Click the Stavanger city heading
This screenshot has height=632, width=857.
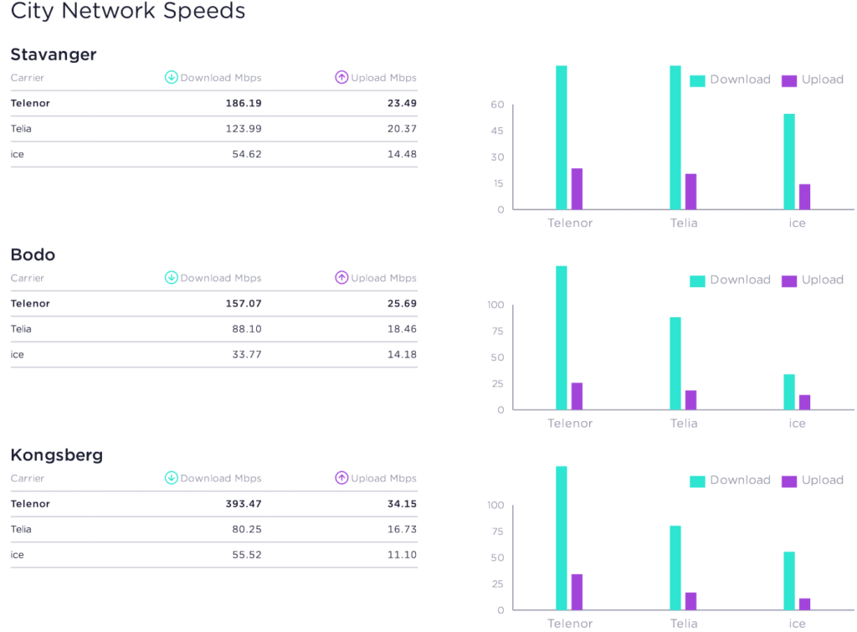[54, 54]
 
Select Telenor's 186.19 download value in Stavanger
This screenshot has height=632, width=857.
[244, 103]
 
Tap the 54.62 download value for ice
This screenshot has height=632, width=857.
[247, 154]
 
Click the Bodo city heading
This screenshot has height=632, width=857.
[33, 254]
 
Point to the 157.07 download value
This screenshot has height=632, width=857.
[244, 303]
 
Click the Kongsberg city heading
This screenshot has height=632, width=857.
[57, 455]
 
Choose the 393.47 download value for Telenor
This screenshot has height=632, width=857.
[244, 504]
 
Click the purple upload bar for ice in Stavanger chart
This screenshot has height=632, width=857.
[804, 197]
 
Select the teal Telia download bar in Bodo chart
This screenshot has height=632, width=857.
[675, 363]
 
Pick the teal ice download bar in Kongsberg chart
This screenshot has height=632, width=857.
[789, 580]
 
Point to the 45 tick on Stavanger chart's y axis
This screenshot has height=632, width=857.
[498, 131]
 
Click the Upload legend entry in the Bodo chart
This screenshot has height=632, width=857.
[812, 280]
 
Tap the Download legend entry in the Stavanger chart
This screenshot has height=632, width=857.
[730, 80]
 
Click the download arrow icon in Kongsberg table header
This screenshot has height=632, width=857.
[172, 478]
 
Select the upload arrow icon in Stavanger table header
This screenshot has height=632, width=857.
[341, 77]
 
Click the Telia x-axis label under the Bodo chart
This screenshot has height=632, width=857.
[684, 424]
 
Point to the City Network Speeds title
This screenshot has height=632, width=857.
[128, 12]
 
